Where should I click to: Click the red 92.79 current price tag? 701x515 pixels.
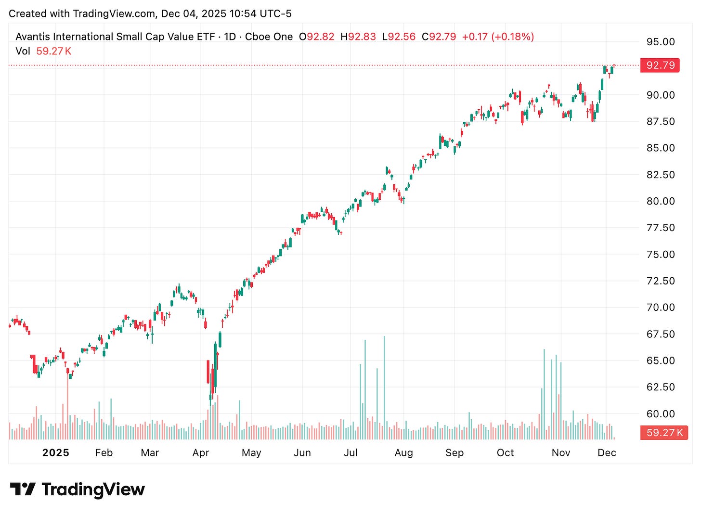pos(660,65)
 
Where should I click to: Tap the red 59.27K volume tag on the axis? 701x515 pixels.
pos(664,433)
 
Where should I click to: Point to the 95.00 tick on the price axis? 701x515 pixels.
pos(660,42)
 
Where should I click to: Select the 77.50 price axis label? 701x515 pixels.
pos(660,228)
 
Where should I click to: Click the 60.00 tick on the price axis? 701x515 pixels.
pos(660,413)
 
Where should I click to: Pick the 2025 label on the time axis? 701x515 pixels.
pos(56,453)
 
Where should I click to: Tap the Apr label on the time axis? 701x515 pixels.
pos(201,453)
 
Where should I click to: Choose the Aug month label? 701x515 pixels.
pos(403,453)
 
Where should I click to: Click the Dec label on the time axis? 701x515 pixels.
pos(607,453)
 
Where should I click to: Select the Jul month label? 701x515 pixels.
pos(350,453)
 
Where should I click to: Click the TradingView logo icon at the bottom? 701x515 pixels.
pos(23,489)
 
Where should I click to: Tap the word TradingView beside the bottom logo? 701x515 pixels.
pos(93,489)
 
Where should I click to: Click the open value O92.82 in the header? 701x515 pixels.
pos(316,37)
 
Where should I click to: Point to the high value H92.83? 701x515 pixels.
pos(358,37)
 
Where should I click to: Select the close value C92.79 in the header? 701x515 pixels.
pos(439,37)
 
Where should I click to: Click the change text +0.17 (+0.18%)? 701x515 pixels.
pos(498,37)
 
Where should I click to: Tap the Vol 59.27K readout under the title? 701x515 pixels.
pos(43,51)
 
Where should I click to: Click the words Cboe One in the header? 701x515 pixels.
pos(269,37)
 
